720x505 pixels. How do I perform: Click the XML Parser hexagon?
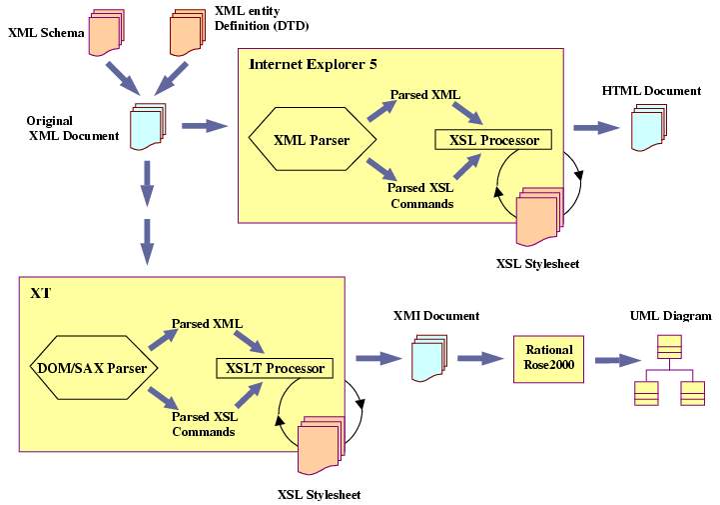point(311,140)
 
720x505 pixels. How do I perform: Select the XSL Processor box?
point(493,140)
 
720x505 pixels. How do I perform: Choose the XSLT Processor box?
point(273,368)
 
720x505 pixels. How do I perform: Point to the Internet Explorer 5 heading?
point(313,64)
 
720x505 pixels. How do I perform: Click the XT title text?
point(41,294)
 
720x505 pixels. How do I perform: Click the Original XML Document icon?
point(147,125)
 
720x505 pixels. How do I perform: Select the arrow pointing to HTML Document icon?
point(596,127)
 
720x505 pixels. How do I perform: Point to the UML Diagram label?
point(670,316)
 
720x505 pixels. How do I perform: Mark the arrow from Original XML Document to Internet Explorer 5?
point(205,126)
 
